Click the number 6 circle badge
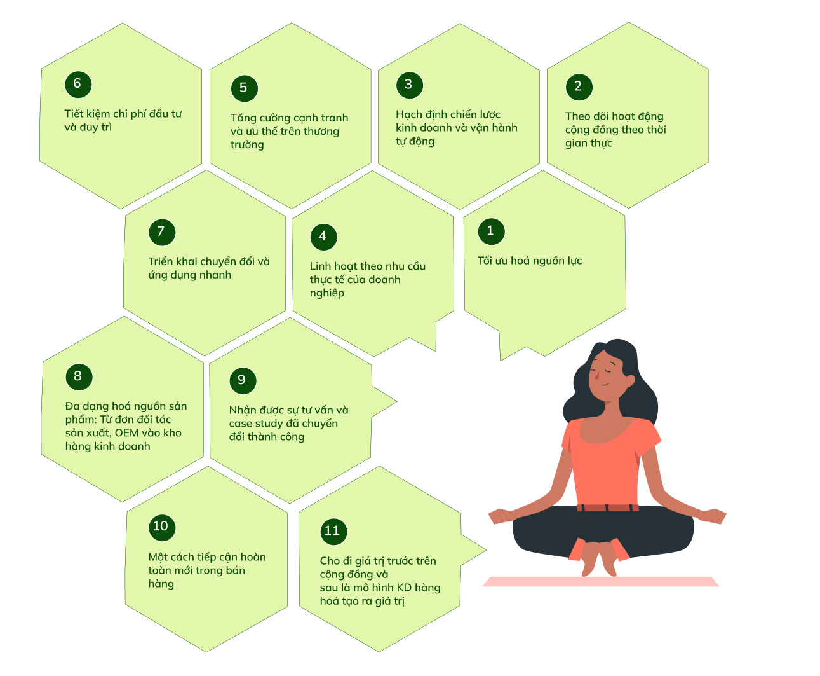78,84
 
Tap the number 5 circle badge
244,88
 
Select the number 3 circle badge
409,85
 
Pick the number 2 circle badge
578,86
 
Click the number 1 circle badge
490,231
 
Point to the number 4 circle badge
323,237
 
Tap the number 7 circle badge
161,232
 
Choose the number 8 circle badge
79,376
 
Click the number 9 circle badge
242,380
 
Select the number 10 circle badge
161,527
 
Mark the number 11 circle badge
333,531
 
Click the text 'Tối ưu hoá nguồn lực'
530,261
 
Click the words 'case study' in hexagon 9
262,424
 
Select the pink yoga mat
600,582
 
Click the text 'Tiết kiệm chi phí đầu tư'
123,114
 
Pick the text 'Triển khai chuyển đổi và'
209,261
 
